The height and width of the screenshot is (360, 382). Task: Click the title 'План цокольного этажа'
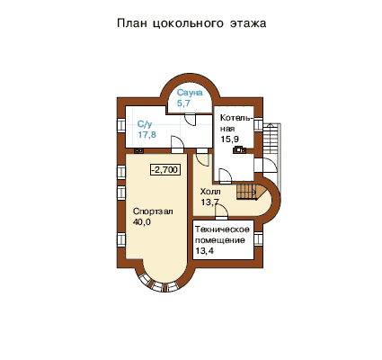pos(191,23)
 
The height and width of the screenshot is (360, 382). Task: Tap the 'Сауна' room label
pos(190,93)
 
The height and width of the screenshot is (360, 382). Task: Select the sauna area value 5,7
pos(183,103)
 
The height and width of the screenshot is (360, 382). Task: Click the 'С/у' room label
pos(145,124)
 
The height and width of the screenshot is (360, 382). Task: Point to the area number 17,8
pos(147,134)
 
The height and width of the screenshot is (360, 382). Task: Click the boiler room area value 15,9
pos(230,139)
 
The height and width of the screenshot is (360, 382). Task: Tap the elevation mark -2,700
pos(165,170)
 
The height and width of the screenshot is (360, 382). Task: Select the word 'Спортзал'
pos(153,211)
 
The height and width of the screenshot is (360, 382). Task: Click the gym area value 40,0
pos(142,222)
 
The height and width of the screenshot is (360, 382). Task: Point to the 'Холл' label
pos(210,192)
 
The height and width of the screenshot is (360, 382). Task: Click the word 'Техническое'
pos(222,229)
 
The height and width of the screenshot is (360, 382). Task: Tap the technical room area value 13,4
pos(205,250)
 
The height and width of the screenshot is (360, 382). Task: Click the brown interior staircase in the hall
pos(249,192)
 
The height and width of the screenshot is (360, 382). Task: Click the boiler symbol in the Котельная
pos(239,149)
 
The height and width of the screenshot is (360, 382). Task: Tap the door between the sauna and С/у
pos(190,120)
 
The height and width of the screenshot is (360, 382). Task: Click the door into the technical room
pos(221,211)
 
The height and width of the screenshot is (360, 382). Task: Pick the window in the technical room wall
pos(258,239)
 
